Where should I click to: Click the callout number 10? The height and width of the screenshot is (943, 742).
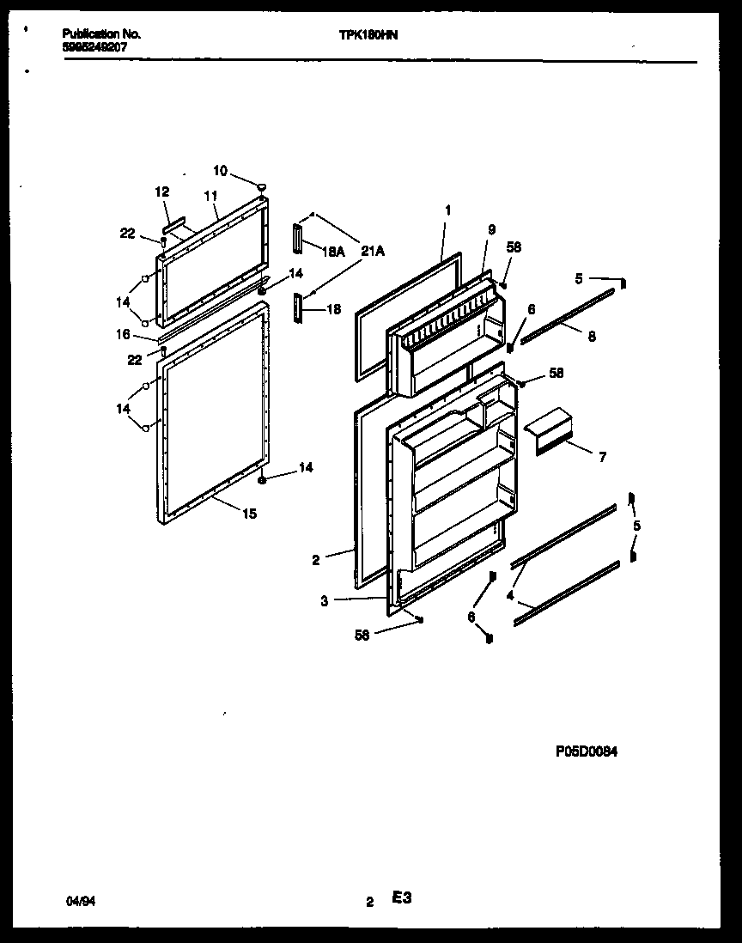click(x=221, y=171)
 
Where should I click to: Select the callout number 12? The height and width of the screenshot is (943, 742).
click(x=162, y=192)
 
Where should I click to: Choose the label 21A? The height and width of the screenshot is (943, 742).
click(x=373, y=251)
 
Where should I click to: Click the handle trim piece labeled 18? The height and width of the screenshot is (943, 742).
click(x=298, y=307)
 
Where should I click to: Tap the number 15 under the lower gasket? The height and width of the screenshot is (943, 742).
click(x=248, y=514)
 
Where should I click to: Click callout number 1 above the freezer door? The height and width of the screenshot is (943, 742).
click(x=447, y=210)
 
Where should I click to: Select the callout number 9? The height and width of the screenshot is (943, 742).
click(x=491, y=229)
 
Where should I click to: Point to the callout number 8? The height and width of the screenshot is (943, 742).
click(x=591, y=338)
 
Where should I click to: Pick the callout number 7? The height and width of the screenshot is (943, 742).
click(x=602, y=458)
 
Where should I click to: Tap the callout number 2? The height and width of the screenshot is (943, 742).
click(x=316, y=560)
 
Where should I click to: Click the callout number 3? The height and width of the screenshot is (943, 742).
click(x=324, y=601)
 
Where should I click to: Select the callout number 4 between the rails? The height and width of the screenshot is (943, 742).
click(x=510, y=594)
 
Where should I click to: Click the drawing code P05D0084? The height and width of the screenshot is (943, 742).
click(x=587, y=751)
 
